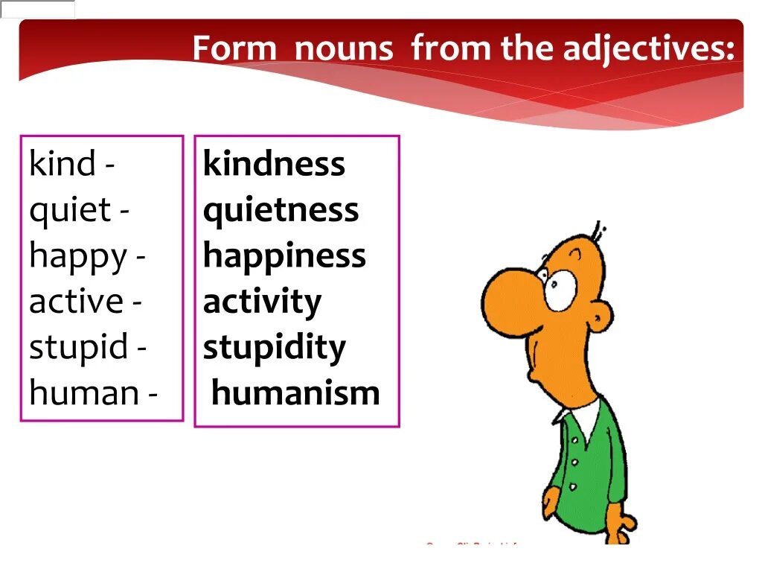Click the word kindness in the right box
pyautogui.click(x=274, y=164)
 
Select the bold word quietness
pyautogui.click(x=281, y=210)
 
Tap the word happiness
pyautogui.click(x=284, y=256)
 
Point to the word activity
pyautogui.click(x=262, y=302)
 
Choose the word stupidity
pyautogui.click(x=274, y=348)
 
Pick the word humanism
pyautogui.click(x=295, y=393)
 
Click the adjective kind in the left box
pyautogui.click(x=63, y=164)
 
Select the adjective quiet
pyautogui.click(x=70, y=210)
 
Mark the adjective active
pyautogui.click(x=75, y=302)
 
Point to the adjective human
pyautogui.click(x=83, y=393)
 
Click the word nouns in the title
pyautogui.click(x=343, y=49)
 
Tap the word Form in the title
pyautogui.click(x=235, y=49)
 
